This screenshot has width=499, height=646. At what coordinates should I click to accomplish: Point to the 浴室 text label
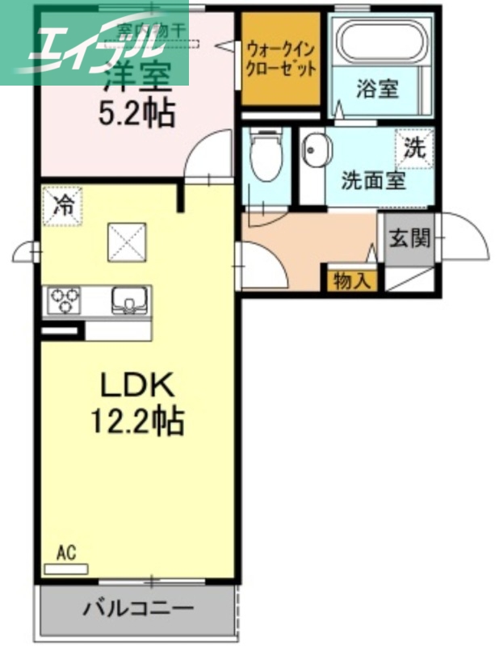[378, 88]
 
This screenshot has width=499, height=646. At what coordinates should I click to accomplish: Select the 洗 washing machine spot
[413, 149]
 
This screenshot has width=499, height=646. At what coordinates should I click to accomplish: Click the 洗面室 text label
[372, 180]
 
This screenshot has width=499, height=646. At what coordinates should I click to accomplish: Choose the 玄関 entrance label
[409, 238]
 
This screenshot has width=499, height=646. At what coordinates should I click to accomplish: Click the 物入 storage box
[351, 282]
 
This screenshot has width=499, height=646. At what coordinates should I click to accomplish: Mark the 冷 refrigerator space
[62, 204]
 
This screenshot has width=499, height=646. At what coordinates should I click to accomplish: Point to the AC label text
[66, 553]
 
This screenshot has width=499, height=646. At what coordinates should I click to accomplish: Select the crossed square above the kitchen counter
[127, 240]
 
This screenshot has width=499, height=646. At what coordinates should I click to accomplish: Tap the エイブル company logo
[94, 44]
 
